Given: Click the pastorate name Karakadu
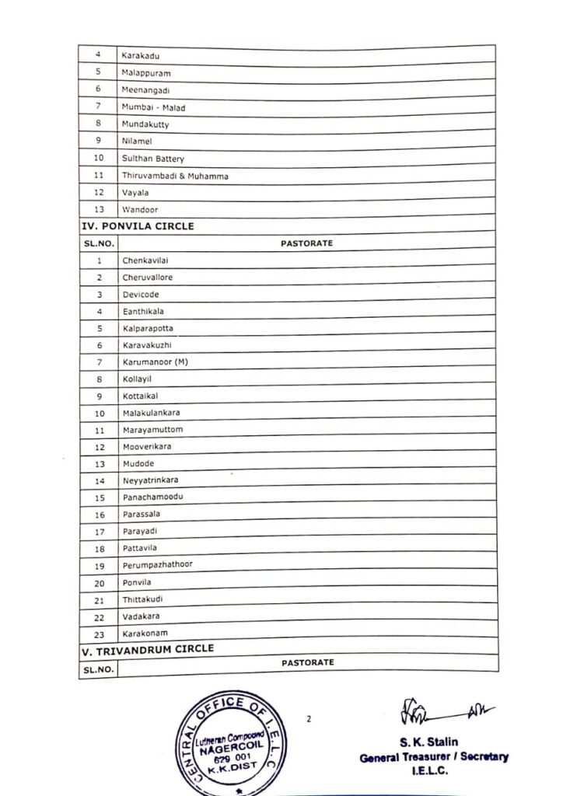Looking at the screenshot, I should (x=140, y=56).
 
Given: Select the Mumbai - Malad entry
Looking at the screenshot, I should (x=153, y=107).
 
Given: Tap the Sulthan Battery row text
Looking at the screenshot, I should (x=153, y=159).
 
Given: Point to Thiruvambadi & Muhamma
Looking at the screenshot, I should (x=175, y=176).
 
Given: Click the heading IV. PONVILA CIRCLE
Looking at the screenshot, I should (x=138, y=226).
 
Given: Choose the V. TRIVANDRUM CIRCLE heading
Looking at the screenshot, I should (x=148, y=648).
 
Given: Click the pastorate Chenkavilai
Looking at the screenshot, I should (x=145, y=261).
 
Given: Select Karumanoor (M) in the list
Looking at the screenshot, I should (x=155, y=362).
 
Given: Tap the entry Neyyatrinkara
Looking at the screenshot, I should (x=150, y=480).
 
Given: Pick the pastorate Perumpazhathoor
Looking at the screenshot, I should (x=157, y=565).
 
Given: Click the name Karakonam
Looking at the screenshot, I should (x=145, y=634).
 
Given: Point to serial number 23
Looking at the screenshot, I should (x=100, y=634).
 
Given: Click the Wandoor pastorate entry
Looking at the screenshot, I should (x=140, y=210).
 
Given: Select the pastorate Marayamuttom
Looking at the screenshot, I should (x=152, y=430).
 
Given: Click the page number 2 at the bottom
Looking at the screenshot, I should (x=309, y=719).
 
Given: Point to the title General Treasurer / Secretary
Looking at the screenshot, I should (x=433, y=757).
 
